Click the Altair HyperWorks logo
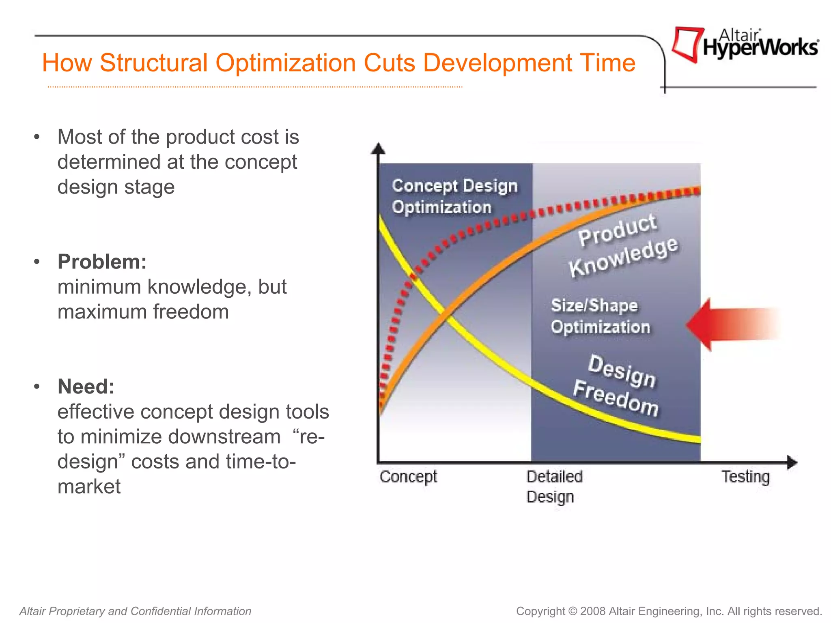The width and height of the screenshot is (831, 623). click(x=745, y=45)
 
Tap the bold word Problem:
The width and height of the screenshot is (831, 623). click(x=102, y=262)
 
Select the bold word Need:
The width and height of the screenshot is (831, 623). click(x=86, y=387)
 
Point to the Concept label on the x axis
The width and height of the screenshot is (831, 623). click(x=408, y=477)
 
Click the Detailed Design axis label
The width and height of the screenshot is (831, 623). click(x=554, y=486)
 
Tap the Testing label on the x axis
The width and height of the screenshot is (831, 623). click(x=745, y=477)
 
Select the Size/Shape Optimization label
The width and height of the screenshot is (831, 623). click(x=600, y=316)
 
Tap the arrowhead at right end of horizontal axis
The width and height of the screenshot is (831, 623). click(x=792, y=462)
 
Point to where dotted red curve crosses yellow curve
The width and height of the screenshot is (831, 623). click(x=413, y=277)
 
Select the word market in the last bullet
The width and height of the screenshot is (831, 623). click(x=89, y=486)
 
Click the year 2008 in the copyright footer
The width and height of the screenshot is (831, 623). click(x=593, y=611)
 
